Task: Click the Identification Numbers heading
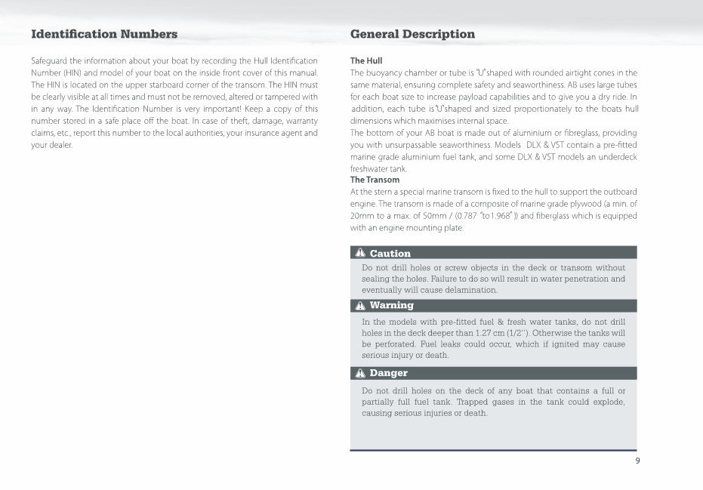click(x=104, y=34)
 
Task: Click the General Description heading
click(x=412, y=34)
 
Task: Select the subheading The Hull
click(x=366, y=60)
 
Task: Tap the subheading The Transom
click(x=375, y=180)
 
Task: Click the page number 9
click(x=637, y=461)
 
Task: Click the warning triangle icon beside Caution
click(x=360, y=254)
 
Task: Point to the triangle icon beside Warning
click(x=360, y=306)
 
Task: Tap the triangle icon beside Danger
click(x=360, y=373)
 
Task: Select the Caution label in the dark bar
click(x=390, y=254)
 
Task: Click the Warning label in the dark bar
click(x=392, y=306)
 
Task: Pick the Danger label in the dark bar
click(x=389, y=373)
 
